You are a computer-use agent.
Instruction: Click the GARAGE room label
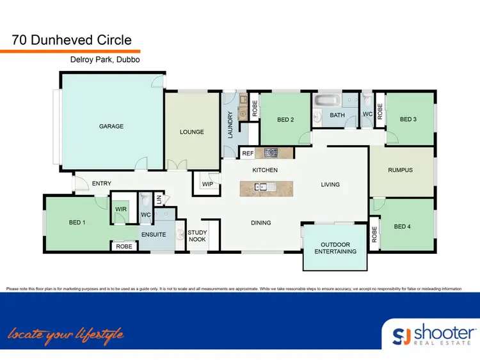(x=111, y=127)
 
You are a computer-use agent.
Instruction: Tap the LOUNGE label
(x=191, y=132)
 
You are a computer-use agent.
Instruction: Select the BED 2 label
(x=285, y=120)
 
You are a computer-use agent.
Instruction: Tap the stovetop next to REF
(x=270, y=153)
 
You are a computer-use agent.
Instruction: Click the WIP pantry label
(x=207, y=184)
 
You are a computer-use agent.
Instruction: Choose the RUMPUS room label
(x=400, y=170)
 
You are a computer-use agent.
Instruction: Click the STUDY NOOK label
(x=197, y=236)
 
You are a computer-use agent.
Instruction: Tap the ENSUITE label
(x=154, y=235)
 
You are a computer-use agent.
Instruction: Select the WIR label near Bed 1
(x=121, y=209)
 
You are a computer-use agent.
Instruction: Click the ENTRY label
(x=101, y=184)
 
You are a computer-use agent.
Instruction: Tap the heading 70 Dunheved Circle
(x=72, y=40)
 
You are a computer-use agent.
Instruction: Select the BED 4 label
(x=401, y=226)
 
